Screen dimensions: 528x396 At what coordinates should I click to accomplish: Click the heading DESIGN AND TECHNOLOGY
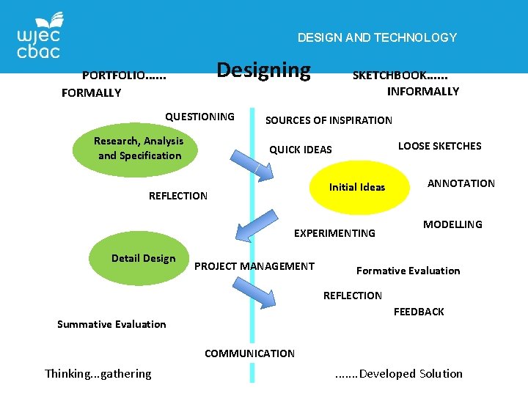click(377, 37)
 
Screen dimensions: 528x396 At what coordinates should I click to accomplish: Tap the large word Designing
click(264, 70)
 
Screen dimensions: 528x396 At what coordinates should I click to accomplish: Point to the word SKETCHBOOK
click(400, 75)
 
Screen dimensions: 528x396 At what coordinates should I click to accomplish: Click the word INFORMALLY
click(422, 92)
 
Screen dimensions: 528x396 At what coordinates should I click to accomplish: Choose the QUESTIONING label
click(199, 117)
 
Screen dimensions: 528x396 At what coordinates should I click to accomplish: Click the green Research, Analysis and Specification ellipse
click(139, 148)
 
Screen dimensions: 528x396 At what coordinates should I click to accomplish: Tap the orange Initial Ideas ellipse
click(357, 187)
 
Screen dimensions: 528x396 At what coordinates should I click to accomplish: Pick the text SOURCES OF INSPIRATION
click(329, 120)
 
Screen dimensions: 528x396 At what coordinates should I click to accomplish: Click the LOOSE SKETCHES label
click(439, 146)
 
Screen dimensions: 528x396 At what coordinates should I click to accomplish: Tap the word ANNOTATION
click(461, 183)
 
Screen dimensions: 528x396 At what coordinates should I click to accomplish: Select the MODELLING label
click(452, 224)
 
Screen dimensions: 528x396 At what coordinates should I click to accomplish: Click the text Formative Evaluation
click(408, 271)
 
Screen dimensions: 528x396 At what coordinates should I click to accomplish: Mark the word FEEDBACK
click(419, 312)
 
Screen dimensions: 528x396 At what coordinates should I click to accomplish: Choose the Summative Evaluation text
click(111, 324)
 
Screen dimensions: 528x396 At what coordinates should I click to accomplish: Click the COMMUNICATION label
click(249, 353)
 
